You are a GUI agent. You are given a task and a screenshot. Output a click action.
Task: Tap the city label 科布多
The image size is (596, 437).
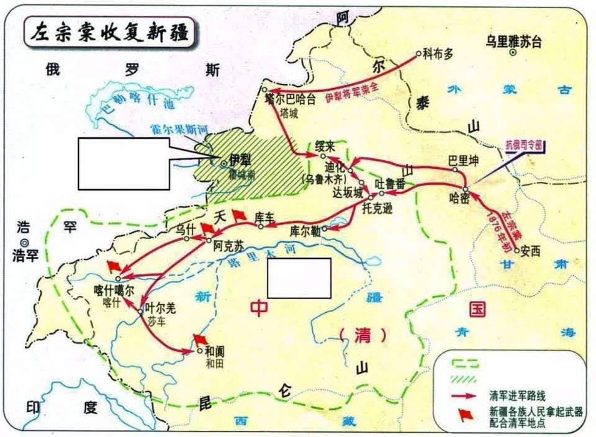coord(438,53)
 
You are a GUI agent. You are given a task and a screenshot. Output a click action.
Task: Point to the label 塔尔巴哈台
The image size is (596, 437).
coord(290,98)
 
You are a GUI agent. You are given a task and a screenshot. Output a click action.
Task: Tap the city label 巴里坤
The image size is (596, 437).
coord(464,161)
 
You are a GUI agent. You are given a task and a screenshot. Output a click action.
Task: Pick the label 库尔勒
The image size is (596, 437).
coord(305,231)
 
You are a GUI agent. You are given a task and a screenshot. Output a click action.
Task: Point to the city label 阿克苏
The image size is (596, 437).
coord(225,246)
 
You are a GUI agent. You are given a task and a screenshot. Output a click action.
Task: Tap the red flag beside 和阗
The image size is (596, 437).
coord(200,339)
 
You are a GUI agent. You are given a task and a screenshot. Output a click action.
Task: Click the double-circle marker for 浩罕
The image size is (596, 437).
coord(24,242)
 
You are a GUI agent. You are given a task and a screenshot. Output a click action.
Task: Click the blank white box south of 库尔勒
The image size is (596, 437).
coord(299,277)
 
